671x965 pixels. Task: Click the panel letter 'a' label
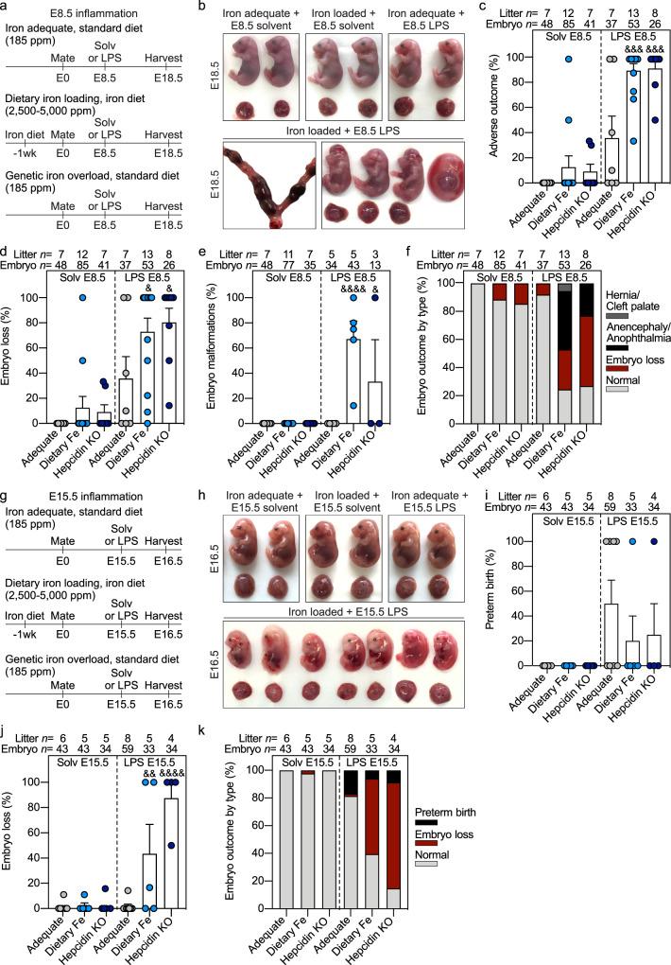(x=7, y=7)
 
